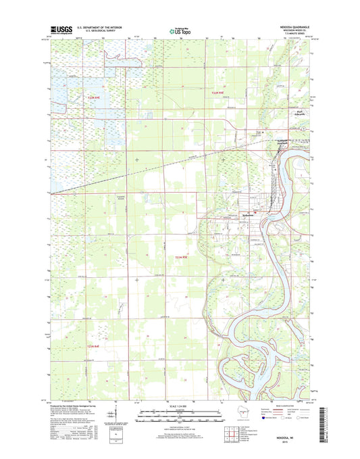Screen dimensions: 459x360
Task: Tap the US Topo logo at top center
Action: coord(180,30)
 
